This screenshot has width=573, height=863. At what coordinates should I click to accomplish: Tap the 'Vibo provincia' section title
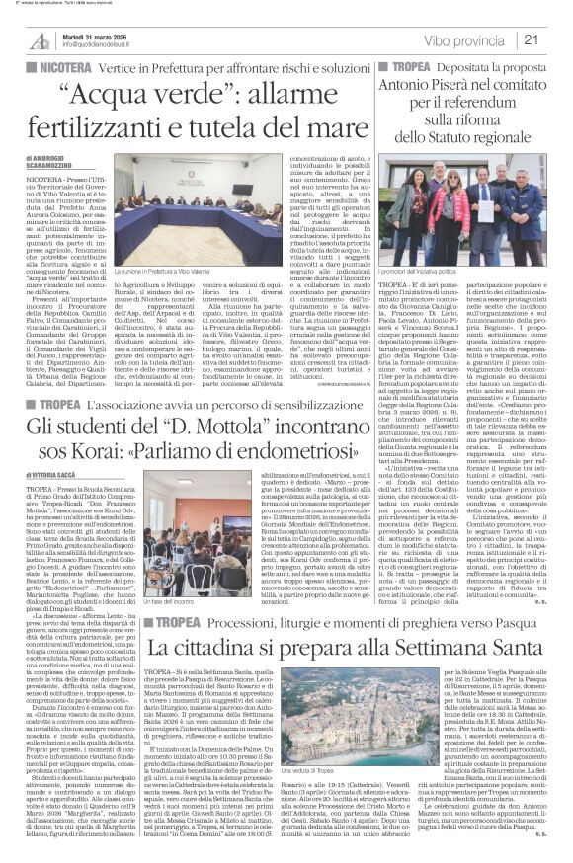pos(486,39)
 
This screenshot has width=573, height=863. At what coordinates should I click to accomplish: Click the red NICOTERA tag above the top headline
pos(43,61)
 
